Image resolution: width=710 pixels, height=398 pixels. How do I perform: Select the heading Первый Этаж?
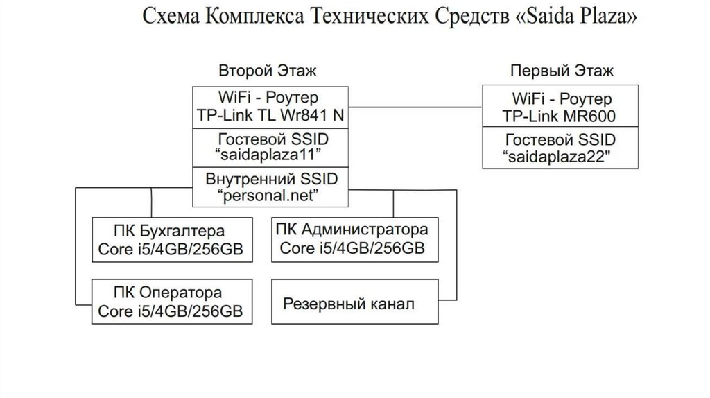[562, 71]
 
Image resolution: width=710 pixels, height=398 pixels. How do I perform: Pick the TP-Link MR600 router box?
[561, 106]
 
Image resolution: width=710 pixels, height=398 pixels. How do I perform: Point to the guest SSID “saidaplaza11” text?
[270, 146]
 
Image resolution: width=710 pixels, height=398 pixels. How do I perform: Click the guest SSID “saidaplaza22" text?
[561, 148]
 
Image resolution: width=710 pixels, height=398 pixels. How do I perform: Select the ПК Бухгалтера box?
[173, 240]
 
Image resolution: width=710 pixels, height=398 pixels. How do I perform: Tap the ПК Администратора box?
[354, 239]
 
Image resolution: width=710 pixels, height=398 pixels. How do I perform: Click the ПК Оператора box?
[173, 302]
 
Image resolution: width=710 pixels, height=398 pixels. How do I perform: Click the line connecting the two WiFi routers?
[414, 107]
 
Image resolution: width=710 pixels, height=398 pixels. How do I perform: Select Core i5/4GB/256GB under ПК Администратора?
[352, 248]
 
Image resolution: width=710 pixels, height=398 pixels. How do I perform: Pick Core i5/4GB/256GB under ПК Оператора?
[170, 311]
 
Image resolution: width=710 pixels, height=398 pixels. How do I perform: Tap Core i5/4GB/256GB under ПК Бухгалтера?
[171, 250]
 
